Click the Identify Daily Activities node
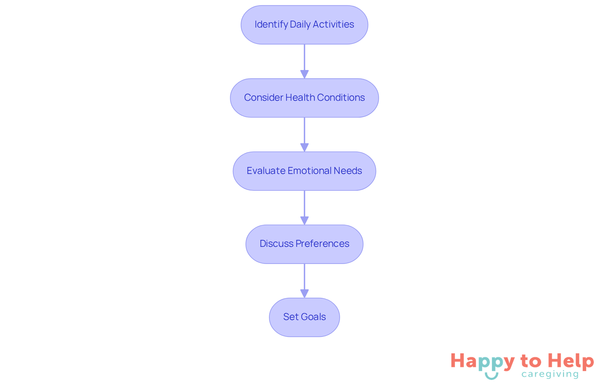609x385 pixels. [x=304, y=25]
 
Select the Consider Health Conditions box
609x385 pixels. [x=304, y=98]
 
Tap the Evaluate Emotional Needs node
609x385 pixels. [x=304, y=171]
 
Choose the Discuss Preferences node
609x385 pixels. [x=304, y=244]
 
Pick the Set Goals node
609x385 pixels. [x=304, y=317]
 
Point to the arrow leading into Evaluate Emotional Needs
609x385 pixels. [x=304, y=134]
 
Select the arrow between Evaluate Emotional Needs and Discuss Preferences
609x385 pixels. [x=304, y=208]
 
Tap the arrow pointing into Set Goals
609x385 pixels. [x=304, y=281]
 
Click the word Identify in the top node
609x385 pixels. [x=271, y=24]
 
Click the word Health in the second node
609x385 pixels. [x=300, y=98]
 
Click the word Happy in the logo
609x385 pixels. [x=482, y=362]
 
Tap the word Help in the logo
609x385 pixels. [x=571, y=361]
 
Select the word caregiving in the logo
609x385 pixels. [x=550, y=374]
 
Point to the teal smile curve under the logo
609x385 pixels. [x=491, y=376]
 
